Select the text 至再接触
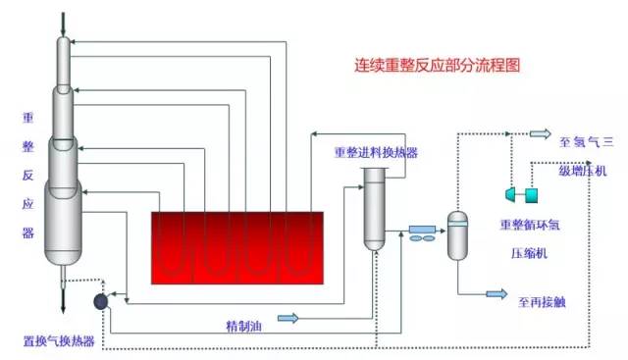point(540,293)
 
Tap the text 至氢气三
point(586,143)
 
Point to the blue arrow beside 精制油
point(288,318)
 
